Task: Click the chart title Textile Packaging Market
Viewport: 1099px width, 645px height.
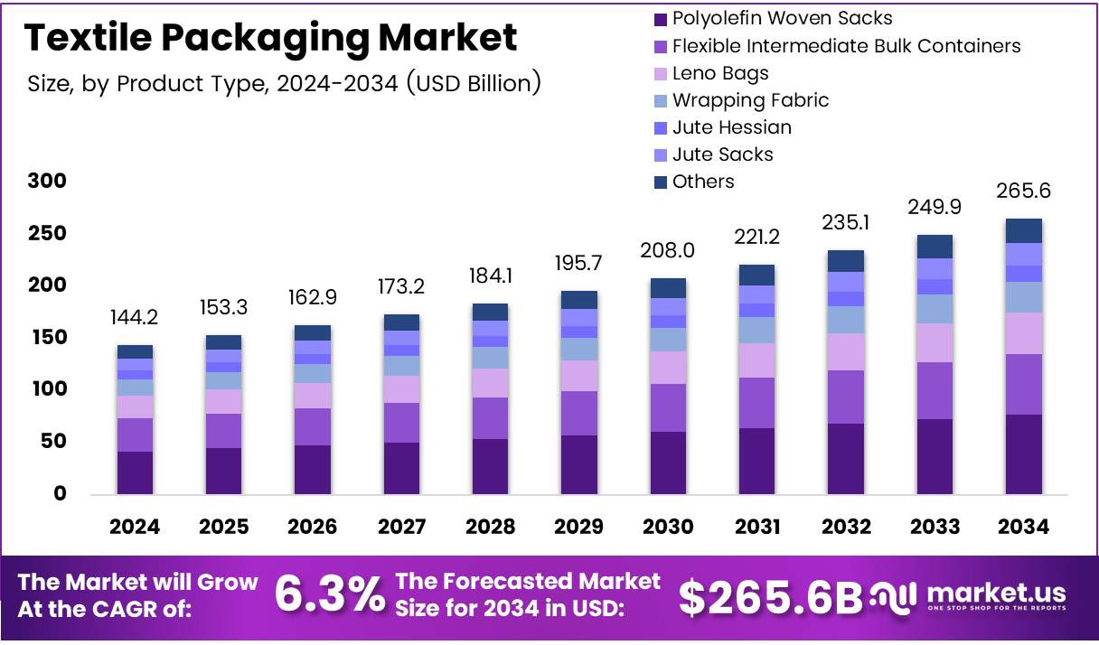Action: click(x=271, y=38)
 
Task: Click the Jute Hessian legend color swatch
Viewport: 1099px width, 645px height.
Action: click(x=660, y=127)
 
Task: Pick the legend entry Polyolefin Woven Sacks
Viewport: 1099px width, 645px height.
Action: click(x=782, y=18)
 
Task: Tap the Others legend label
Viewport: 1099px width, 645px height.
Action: click(x=703, y=182)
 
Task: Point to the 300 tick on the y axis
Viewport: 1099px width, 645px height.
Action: click(x=46, y=182)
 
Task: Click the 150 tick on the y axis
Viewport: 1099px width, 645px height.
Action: click(x=46, y=338)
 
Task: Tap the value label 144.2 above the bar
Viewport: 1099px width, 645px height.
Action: click(x=135, y=318)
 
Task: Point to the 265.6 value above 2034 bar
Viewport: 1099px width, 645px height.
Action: click(x=1024, y=192)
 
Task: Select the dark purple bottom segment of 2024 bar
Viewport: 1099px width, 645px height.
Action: click(x=135, y=472)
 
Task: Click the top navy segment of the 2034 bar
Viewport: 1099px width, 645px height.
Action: click(x=1024, y=230)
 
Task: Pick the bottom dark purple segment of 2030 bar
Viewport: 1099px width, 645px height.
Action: click(x=668, y=463)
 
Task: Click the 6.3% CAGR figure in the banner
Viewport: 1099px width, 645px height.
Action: click(x=329, y=595)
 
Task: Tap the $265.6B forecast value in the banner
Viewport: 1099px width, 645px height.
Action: click(x=770, y=596)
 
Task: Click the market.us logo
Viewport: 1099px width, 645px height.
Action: click(x=969, y=596)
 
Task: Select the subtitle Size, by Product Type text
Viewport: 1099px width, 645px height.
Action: click(x=284, y=84)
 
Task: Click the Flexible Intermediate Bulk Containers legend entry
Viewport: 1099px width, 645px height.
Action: click(x=846, y=46)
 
